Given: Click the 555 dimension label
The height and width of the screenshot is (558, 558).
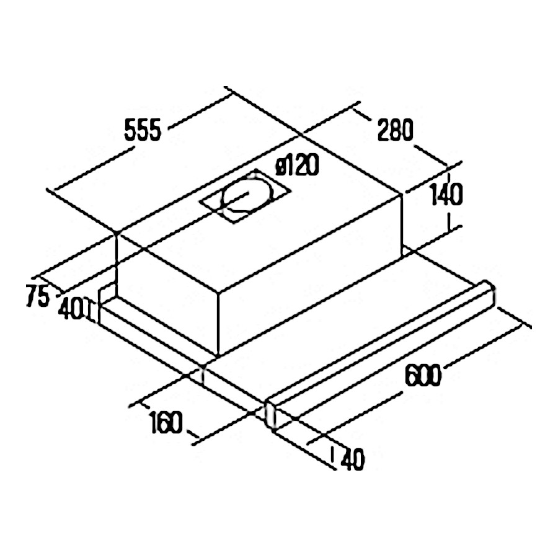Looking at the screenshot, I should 143,131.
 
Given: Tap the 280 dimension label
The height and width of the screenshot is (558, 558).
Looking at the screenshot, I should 394,131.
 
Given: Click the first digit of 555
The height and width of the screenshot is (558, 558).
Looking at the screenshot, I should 130,131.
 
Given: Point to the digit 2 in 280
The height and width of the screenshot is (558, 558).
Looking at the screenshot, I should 381,131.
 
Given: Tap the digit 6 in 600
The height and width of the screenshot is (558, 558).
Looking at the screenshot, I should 410,374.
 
